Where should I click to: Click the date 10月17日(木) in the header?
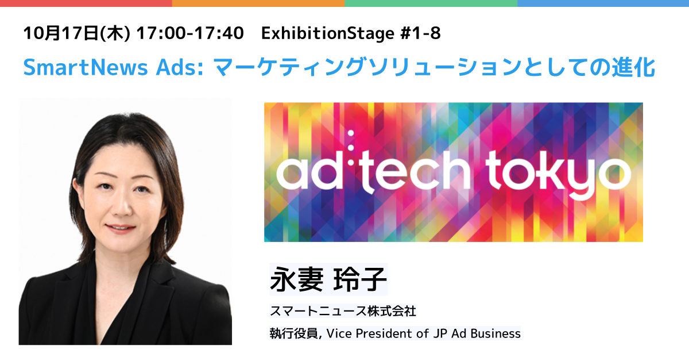coord(77,33)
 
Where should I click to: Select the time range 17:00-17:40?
coord(190,33)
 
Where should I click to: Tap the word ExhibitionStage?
coord(328,34)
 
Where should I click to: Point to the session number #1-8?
coord(420,33)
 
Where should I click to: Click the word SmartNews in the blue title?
coord(86,67)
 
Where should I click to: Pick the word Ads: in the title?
coord(180,67)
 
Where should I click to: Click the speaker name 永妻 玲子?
coord(328,279)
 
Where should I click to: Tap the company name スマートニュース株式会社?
coord(343,311)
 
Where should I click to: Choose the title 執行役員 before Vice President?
coord(294,333)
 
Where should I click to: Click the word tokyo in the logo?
coord(558,174)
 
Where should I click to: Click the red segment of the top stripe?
coord(86,3)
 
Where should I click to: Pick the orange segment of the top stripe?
coord(258,3)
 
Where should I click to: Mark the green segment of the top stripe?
coord(431,3)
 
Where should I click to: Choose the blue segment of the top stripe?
coord(603,3)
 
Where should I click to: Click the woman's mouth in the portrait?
coord(120,228)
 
